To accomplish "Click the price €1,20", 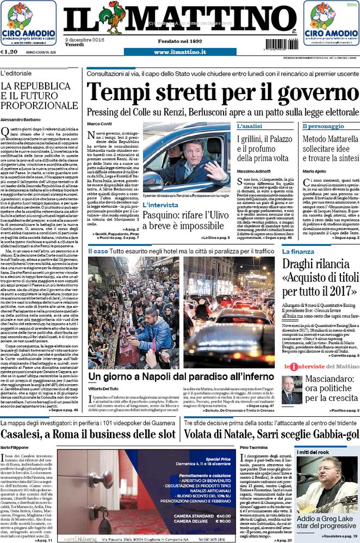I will click(x=10, y=52).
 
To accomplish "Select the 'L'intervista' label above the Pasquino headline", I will click(x=160, y=205).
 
